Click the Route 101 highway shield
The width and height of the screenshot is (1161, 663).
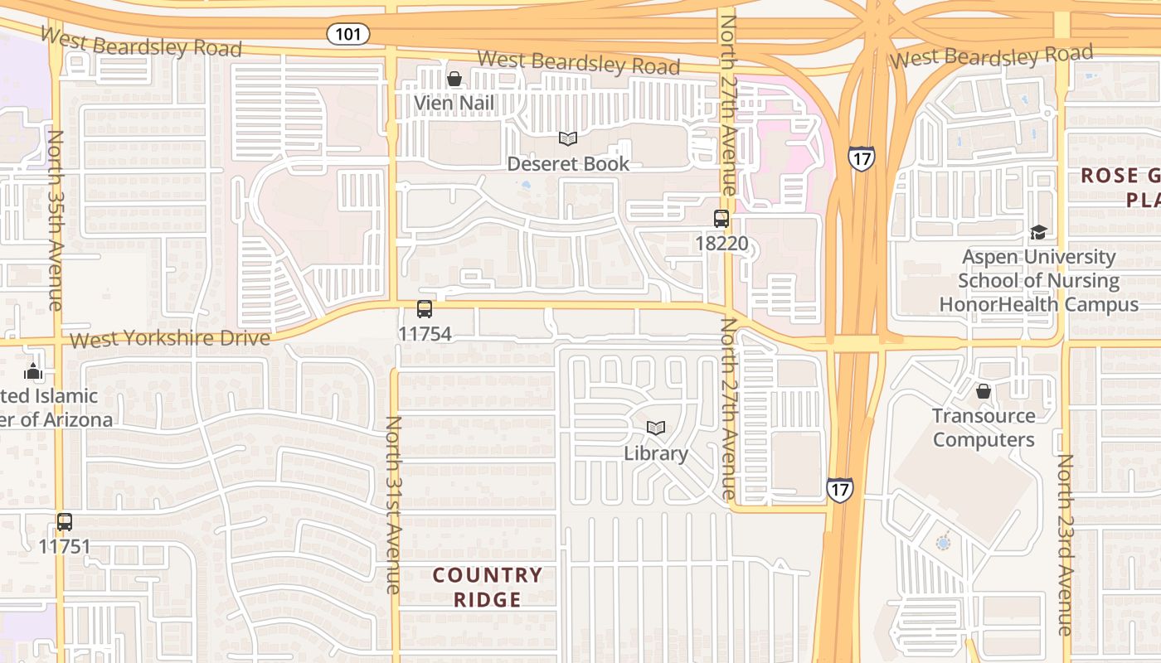click(x=348, y=34)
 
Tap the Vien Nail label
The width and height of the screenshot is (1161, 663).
click(x=454, y=104)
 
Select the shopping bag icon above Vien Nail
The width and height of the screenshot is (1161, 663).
click(x=454, y=80)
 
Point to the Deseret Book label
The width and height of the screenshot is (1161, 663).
click(x=568, y=164)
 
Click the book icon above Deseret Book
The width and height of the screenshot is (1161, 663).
click(x=568, y=139)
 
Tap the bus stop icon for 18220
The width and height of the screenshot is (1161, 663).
click(x=721, y=219)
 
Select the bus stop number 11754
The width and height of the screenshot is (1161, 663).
click(x=425, y=334)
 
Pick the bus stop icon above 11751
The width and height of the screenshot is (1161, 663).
click(x=65, y=522)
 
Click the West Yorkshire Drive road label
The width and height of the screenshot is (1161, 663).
click(x=170, y=339)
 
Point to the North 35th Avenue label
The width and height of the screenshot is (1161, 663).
click(x=56, y=220)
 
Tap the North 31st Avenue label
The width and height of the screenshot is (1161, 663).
click(x=393, y=504)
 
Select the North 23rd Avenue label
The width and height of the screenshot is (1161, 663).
click(x=1066, y=544)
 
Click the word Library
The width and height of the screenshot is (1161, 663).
click(x=656, y=453)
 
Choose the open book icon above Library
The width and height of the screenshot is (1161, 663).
click(x=656, y=428)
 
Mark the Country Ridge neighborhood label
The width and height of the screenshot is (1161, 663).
click(x=488, y=587)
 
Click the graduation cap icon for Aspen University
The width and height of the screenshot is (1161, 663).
click(x=1038, y=232)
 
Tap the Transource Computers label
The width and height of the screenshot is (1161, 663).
click(x=984, y=428)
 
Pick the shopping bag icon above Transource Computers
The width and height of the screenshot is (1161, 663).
click(x=984, y=391)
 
